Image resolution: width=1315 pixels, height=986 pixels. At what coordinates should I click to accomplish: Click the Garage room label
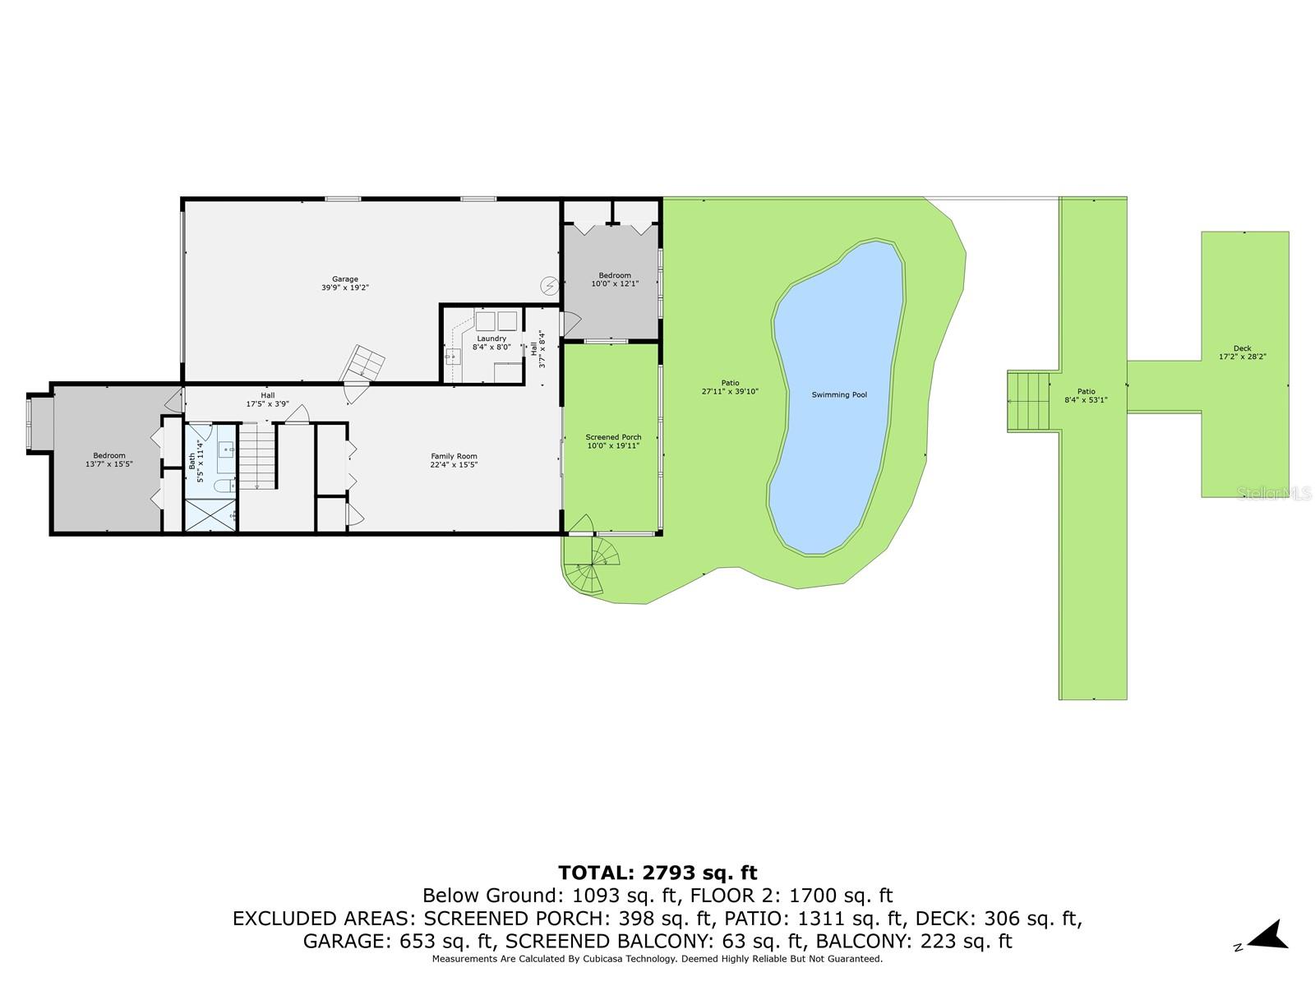[x=344, y=279]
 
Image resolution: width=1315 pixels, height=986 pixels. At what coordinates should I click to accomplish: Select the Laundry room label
[x=491, y=339]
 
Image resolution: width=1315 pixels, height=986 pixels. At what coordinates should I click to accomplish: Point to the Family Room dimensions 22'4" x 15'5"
[x=454, y=464]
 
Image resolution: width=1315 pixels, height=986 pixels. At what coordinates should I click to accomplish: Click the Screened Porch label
[x=613, y=437]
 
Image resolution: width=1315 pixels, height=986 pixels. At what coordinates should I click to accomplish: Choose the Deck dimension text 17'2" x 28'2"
[x=1242, y=357]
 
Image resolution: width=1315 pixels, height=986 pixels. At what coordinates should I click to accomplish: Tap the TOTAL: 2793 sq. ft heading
[x=657, y=873]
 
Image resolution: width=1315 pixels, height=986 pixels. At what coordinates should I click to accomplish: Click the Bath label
[x=191, y=461]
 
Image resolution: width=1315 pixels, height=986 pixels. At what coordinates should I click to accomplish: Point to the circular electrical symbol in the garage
[x=549, y=286]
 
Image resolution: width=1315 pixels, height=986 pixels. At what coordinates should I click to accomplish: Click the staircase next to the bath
[x=257, y=455]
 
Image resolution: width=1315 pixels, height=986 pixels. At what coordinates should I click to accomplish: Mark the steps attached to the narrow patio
[x=1029, y=401]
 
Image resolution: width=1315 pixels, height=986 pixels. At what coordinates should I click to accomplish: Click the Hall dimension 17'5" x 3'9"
[x=267, y=404]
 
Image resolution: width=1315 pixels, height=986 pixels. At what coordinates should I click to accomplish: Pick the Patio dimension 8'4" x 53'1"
[x=1086, y=400]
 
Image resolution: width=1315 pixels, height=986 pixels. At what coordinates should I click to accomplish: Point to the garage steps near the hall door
[x=363, y=363]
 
